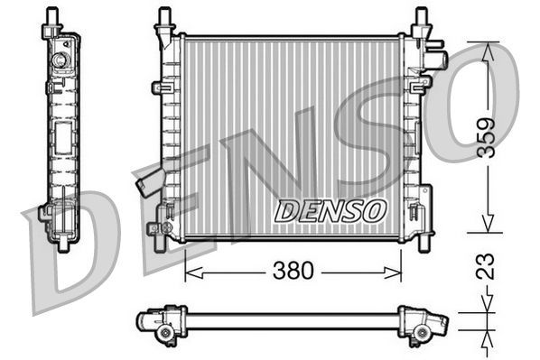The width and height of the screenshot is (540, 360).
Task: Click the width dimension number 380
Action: pyautogui.click(x=293, y=270)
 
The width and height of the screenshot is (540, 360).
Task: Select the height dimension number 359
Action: pyautogui.click(x=485, y=139)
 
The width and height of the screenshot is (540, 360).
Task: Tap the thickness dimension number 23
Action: pyautogui.click(x=486, y=267)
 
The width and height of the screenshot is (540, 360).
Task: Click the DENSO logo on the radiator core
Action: pyautogui.click(x=330, y=211)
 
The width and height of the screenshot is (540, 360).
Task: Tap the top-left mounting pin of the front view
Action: pyautogui.click(x=164, y=17)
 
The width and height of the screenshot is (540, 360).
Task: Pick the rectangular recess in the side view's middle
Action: pyautogui.click(x=64, y=140)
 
